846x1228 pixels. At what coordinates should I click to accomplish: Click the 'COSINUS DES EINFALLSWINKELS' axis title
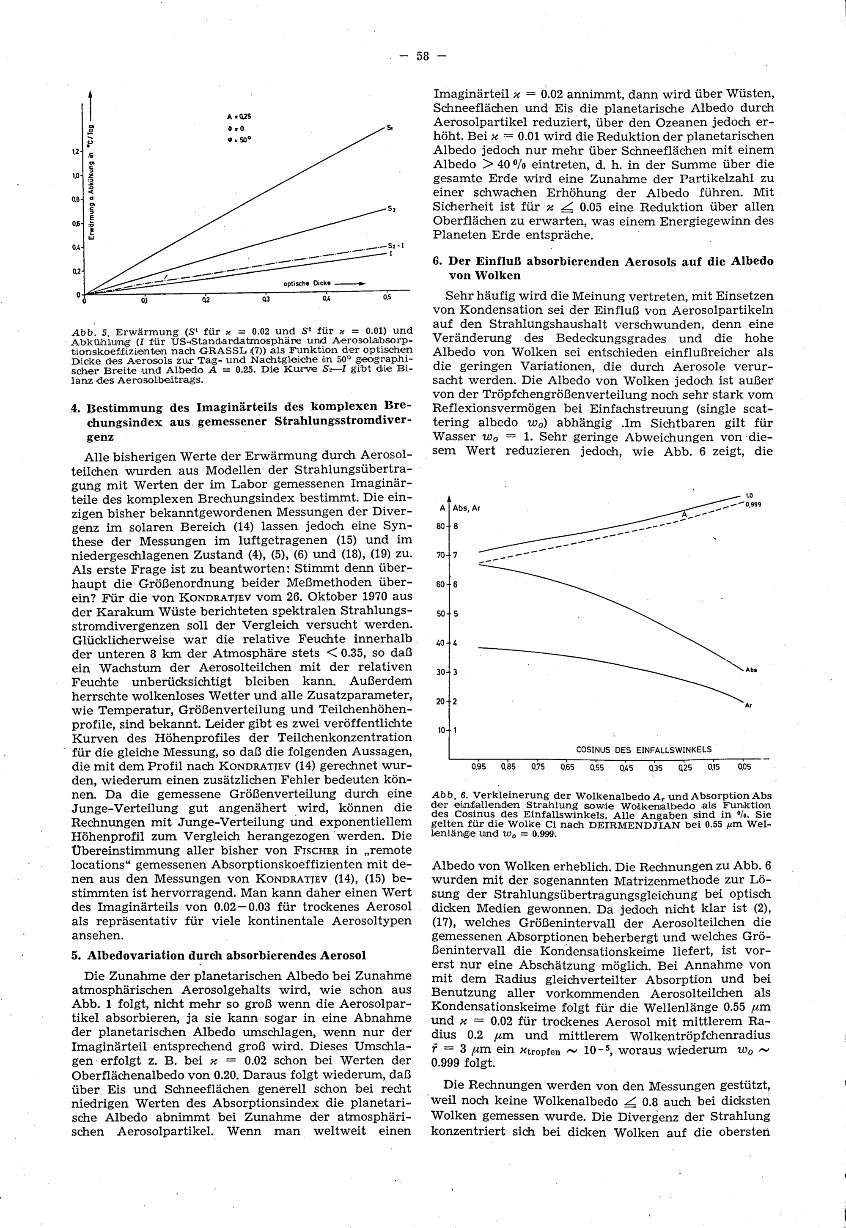[643, 750]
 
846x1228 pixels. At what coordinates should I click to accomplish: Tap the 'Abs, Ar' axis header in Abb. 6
[467, 508]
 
